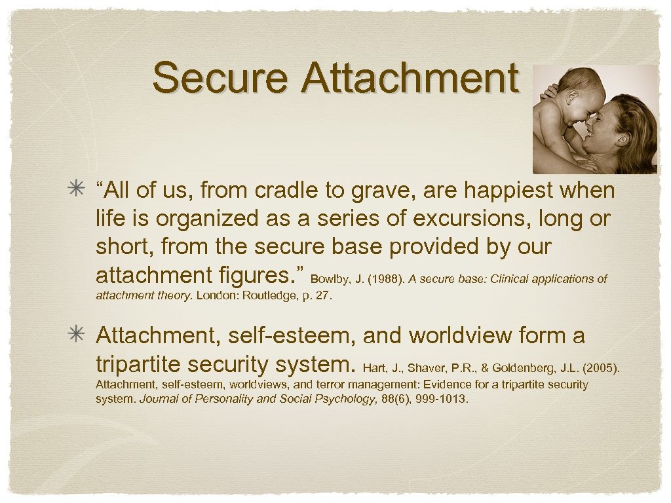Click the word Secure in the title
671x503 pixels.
[220, 78]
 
